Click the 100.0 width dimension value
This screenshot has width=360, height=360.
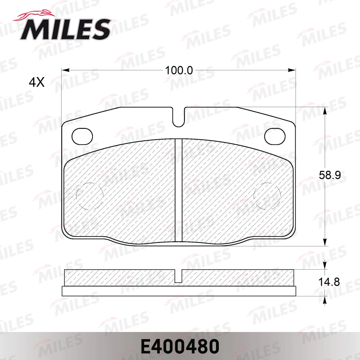click(179, 70)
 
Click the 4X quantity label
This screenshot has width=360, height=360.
click(36, 82)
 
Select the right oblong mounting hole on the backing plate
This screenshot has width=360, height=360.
click(276, 136)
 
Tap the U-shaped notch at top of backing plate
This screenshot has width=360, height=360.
click(179, 116)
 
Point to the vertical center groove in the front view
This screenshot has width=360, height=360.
click(179, 190)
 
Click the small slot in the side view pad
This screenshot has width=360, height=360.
click(179, 276)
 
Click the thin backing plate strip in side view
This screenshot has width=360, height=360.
click(179, 291)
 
